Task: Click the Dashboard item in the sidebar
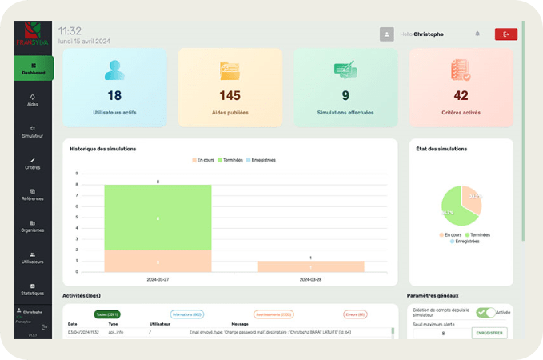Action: coord(34,69)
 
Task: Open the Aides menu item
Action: coord(33,100)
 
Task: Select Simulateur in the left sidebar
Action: coord(33,132)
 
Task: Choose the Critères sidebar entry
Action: coord(33,163)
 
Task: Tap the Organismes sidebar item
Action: coord(33,226)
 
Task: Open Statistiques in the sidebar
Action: coord(33,289)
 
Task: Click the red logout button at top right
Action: coord(505,34)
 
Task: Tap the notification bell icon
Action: coord(477,34)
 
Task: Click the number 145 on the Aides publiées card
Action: coord(230,95)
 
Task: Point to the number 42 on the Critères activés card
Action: coord(461,95)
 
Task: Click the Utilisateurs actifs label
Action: coord(114,113)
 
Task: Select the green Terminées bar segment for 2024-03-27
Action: coord(158,217)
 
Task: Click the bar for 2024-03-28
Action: coord(309,266)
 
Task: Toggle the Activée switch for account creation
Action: coord(485,313)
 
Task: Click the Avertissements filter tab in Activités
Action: coord(274,315)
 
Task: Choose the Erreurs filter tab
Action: coord(355,315)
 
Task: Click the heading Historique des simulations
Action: coord(102,149)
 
